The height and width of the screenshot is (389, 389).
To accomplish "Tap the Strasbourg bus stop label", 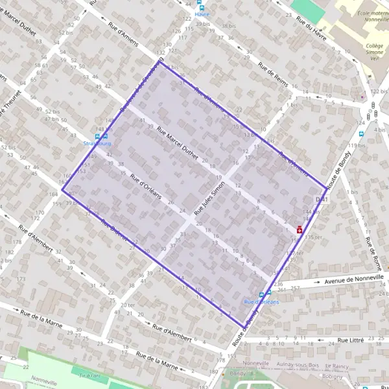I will click(x=97, y=143).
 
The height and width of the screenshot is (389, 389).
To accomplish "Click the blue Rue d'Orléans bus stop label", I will click(x=261, y=302).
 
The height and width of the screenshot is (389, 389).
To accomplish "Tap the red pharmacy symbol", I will click(x=300, y=229).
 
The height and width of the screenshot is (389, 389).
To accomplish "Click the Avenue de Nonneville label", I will click(x=354, y=279).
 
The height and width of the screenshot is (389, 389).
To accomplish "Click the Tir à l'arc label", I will click(x=91, y=375).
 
